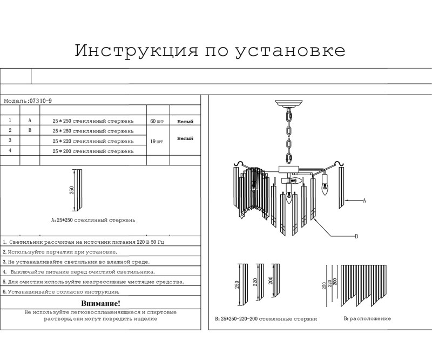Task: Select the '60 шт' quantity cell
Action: tap(158, 121)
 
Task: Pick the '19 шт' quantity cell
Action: tap(158, 141)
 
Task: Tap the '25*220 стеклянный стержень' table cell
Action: tap(93, 141)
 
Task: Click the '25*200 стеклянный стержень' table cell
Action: tap(93, 151)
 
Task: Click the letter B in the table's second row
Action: tap(30, 131)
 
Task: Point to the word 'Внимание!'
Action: tap(100, 304)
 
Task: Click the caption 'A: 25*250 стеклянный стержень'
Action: tap(93, 221)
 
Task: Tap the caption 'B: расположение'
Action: tap(367, 319)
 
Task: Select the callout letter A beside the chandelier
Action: tap(364, 201)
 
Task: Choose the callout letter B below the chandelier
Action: tap(356, 236)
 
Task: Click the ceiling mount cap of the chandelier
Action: tap(289, 103)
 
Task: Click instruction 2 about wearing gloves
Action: tap(59, 252)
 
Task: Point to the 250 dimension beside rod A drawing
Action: tap(71, 191)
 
